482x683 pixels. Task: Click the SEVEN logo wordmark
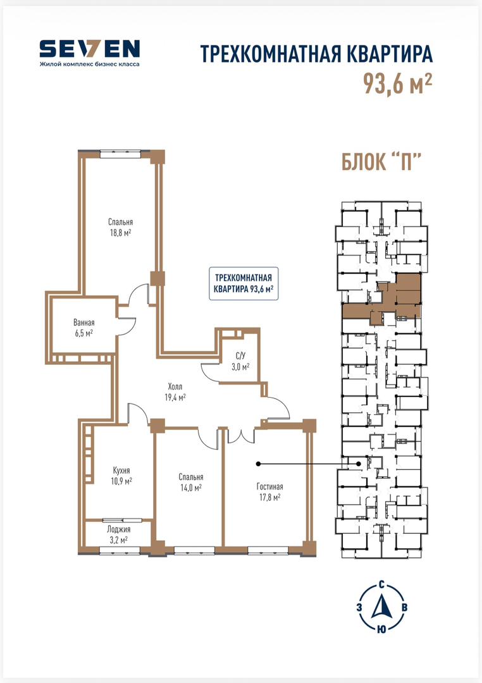(x=89, y=49)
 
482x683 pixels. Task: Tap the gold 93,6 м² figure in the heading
(x=397, y=83)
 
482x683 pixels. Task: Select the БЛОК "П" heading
(x=380, y=162)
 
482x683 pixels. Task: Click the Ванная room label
(x=83, y=323)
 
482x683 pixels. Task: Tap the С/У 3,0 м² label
(x=240, y=362)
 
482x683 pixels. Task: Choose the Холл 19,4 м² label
(x=175, y=391)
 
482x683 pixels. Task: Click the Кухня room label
(x=121, y=471)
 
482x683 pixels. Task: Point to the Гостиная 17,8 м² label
(x=269, y=492)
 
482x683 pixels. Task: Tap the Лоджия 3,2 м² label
(x=118, y=535)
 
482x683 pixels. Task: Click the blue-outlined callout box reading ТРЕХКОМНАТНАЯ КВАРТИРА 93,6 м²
(x=244, y=283)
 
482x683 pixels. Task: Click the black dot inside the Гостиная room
(x=259, y=464)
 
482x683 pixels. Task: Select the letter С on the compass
(x=381, y=584)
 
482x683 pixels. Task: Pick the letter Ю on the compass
(x=381, y=629)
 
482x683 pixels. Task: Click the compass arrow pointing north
(x=381, y=607)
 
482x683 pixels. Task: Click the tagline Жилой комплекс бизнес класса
(x=89, y=65)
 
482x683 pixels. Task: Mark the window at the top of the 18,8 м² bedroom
(x=120, y=153)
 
